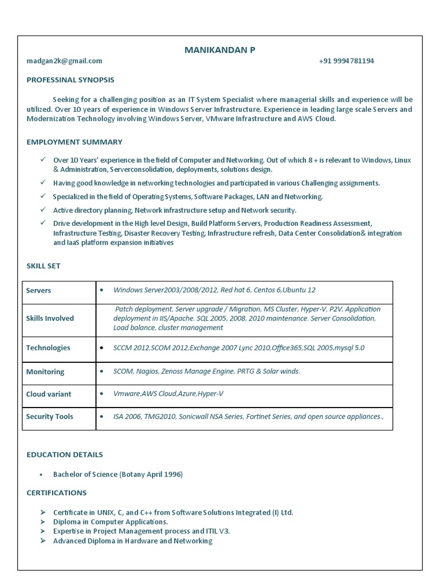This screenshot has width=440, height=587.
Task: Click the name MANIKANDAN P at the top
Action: (219, 50)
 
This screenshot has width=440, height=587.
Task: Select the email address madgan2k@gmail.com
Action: (64, 61)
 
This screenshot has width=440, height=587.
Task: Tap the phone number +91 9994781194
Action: (346, 61)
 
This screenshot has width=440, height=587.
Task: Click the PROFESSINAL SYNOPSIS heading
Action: (70, 80)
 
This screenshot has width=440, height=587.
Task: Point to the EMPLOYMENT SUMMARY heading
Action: (74, 142)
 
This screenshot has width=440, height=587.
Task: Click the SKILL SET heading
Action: (44, 266)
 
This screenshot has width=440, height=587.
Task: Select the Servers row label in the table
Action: (38, 291)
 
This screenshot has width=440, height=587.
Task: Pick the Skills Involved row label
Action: (50, 318)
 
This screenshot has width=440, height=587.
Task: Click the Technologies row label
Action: (48, 348)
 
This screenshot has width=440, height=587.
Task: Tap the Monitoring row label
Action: (45, 372)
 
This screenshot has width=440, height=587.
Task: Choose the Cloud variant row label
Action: (49, 394)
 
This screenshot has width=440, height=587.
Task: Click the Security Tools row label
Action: (50, 417)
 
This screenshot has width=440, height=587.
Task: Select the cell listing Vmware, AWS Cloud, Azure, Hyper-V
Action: (168, 394)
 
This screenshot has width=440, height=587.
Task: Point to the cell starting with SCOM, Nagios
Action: (206, 371)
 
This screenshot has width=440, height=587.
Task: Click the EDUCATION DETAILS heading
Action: (65, 455)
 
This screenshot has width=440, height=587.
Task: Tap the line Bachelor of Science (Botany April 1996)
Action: (118, 475)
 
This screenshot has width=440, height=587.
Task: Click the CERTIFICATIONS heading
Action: (57, 493)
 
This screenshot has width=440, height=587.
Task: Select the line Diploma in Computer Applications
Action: (111, 522)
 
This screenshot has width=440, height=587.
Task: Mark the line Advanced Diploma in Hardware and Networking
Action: (132, 541)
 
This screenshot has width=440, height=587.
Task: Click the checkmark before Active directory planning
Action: (43, 210)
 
